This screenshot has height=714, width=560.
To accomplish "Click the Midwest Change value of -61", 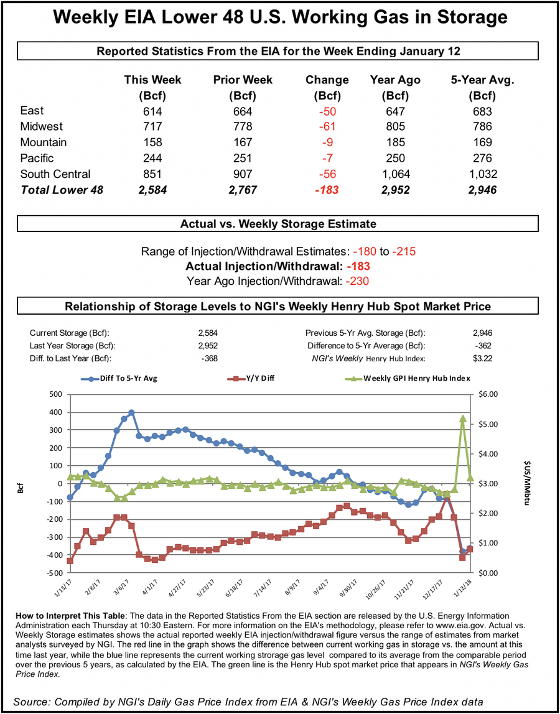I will (x=327, y=127).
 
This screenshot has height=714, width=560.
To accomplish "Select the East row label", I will (x=32, y=111).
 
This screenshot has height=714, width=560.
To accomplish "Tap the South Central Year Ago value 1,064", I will (x=395, y=174).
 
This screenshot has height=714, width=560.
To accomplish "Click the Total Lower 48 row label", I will (x=62, y=190).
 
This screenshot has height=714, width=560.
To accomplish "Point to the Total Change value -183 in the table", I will (x=327, y=190).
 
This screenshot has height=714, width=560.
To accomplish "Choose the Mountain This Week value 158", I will (x=152, y=142).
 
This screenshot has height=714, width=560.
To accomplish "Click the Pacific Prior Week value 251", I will (x=243, y=159).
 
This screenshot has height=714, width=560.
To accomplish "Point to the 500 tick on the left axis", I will (x=55, y=394).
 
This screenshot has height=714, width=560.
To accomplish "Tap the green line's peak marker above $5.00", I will (x=463, y=419).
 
